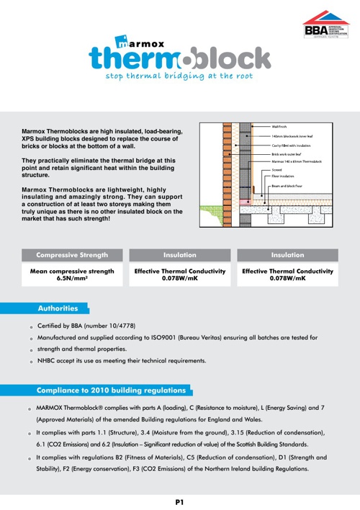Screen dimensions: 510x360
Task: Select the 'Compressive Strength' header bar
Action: [x=72, y=254]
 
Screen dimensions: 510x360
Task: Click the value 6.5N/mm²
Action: [x=72, y=278]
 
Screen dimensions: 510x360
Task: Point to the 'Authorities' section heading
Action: [x=58, y=308]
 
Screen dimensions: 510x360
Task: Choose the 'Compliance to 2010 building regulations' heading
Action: [x=111, y=390]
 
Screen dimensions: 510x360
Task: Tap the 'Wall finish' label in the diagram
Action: [x=282, y=127]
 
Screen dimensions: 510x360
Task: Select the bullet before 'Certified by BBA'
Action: [x=32, y=326]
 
